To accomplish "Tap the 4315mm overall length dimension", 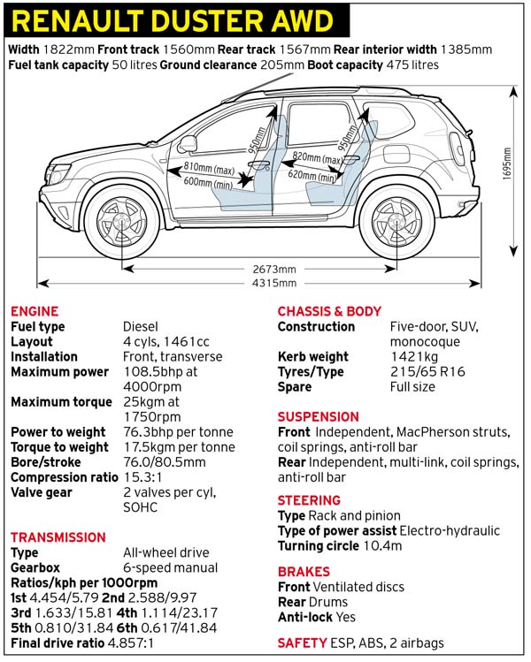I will [266, 283].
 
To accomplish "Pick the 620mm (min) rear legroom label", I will [312, 177].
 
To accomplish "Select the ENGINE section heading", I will [35, 311].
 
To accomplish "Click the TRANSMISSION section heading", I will [58, 536].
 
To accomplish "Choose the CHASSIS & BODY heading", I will [329, 311].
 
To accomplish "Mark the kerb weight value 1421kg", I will [414, 357].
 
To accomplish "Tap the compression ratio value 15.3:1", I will [144, 477].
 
